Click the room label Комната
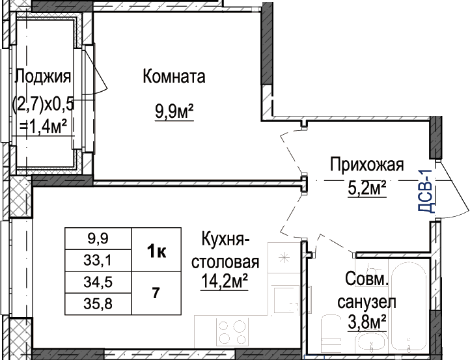(x=174, y=76)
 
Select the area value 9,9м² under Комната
(x=174, y=112)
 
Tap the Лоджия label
(x=43, y=76)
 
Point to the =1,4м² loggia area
(x=43, y=127)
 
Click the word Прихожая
(x=367, y=165)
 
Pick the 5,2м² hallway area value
(x=367, y=189)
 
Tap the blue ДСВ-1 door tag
(x=426, y=191)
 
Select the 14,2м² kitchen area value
(x=225, y=281)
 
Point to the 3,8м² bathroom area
(x=367, y=322)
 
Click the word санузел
(x=367, y=302)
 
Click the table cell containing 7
(x=156, y=293)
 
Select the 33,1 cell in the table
(x=98, y=260)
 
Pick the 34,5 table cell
(x=98, y=283)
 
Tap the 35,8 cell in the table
(x=98, y=304)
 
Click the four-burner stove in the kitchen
(x=232, y=332)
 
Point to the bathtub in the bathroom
(x=409, y=307)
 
